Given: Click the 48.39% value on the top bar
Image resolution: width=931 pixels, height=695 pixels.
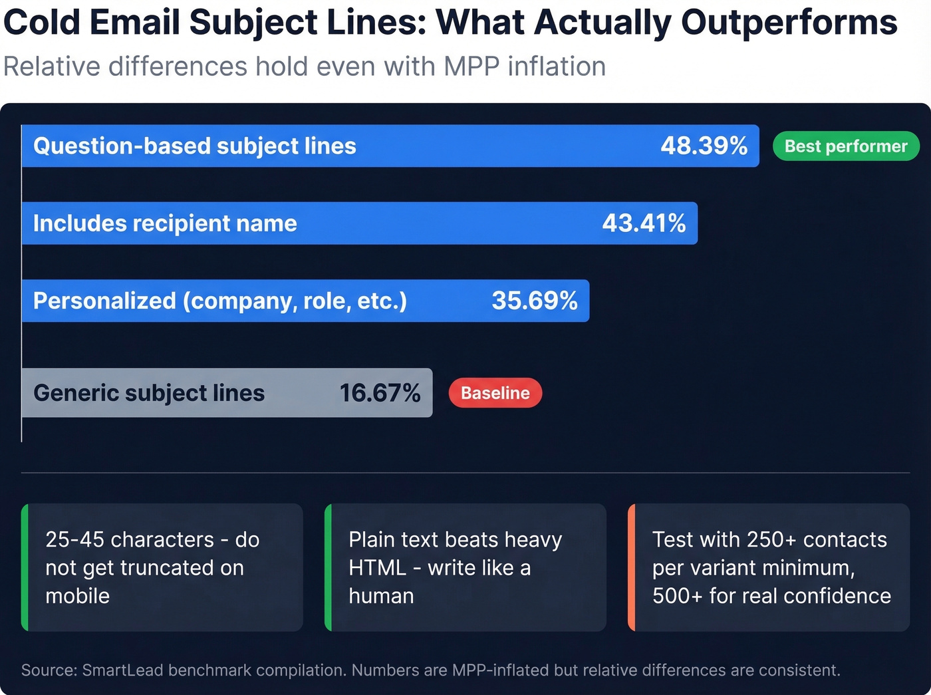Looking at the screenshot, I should [x=704, y=146].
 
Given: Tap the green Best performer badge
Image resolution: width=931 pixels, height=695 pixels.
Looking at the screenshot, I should [x=845, y=146].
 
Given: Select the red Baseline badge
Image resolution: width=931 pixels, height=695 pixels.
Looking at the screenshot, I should [x=495, y=393].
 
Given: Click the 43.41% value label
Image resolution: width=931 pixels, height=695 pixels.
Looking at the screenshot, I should [x=643, y=223].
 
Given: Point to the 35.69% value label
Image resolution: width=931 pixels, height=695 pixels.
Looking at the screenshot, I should [x=534, y=301].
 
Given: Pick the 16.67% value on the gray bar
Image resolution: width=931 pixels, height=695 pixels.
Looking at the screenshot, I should [x=380, y=393].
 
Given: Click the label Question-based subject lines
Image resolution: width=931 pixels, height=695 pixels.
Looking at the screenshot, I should [x=195, y=146].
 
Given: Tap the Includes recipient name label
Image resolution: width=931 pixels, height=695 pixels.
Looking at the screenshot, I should [x=165, y=223].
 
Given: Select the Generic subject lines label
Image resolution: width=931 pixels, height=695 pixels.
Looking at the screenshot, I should [x=149, y=393].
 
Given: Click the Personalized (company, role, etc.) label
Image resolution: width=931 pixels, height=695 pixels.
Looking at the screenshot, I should [x=219, y=301].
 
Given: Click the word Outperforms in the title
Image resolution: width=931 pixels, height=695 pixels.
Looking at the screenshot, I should [x=789, y=23].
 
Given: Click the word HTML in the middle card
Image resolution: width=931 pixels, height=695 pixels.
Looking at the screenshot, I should [x=377, y=568].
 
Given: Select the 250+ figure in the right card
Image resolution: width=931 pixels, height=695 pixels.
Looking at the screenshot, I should [x=771, y=539].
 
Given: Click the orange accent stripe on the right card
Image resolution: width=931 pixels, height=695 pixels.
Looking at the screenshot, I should [x=632, y=567].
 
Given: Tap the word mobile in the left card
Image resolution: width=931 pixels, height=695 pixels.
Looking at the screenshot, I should [x=77, y=596].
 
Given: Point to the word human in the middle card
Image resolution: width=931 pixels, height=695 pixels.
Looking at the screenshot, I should [x=381, y=596].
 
